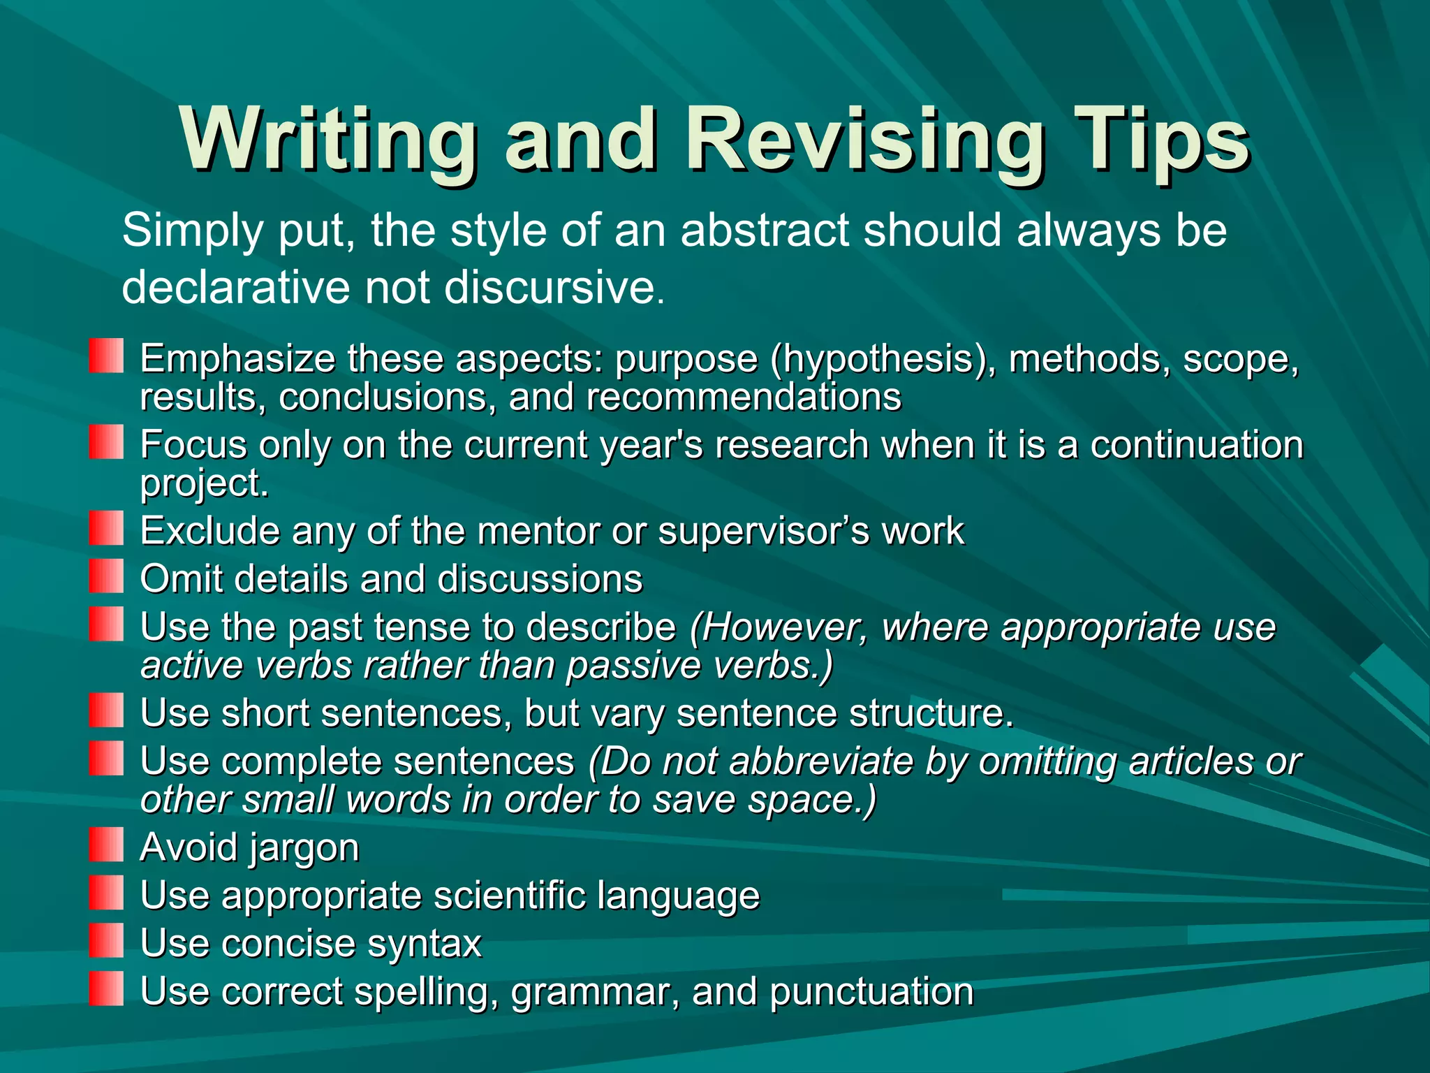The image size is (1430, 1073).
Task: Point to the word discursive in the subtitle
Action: (550, 287)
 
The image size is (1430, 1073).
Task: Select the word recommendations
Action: (744, 397)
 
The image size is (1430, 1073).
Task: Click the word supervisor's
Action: (764, 531)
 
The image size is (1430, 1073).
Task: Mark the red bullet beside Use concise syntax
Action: (106, 940)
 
